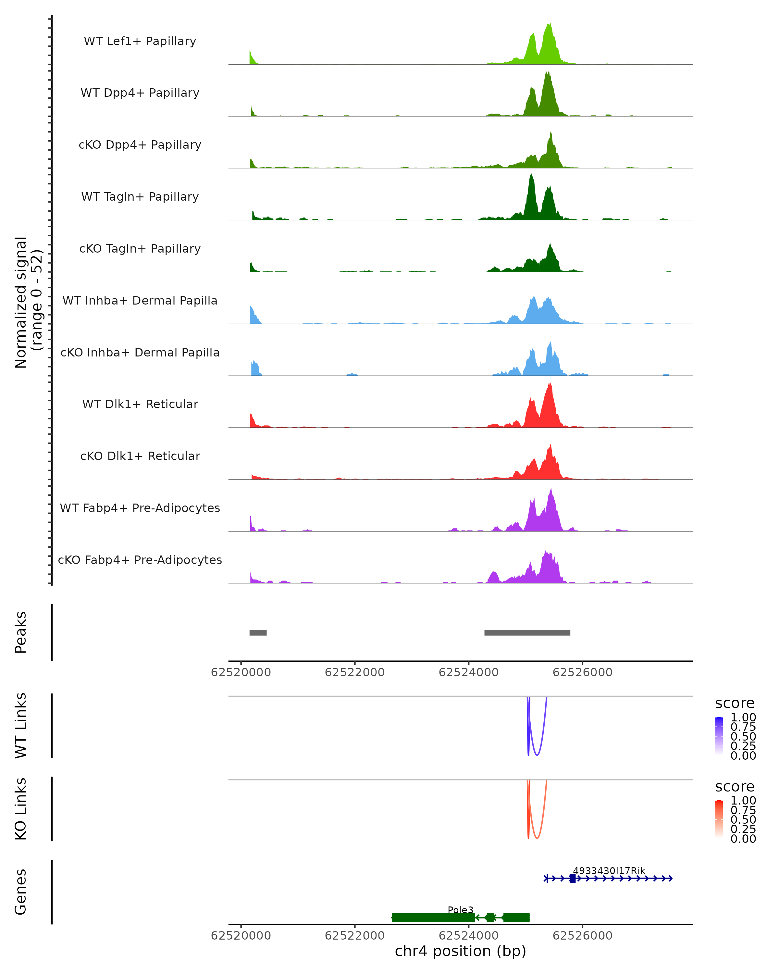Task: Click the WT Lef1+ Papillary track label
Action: [x=140, y=41]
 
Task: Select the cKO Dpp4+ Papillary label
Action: [x=140, y=144]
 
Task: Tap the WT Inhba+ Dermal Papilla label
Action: [x=140, y=300]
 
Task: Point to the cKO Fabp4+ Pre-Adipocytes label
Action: [x=140, y=560]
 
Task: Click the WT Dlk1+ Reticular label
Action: [x=140, y=404]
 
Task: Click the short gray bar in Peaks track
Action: [x=258, y=632]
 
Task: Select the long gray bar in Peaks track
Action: [x=527, y=632]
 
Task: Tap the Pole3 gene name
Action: [x=460, y=910]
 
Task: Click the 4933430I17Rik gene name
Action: [x=609, y=870]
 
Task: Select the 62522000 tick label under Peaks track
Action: [x=354, y=672]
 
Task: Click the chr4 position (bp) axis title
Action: [x=460, y=951]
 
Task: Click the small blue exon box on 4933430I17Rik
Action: [x=573, y=878]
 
